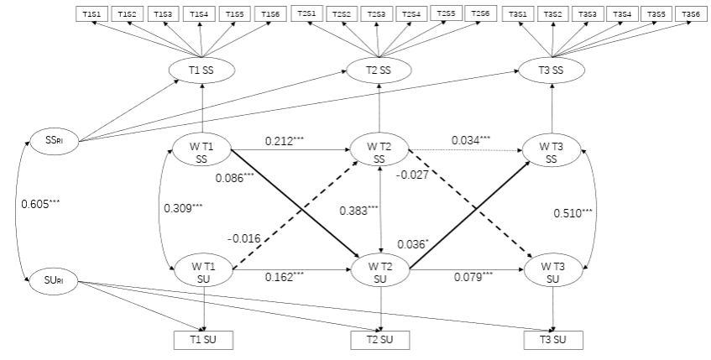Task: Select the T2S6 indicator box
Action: coord(478,14)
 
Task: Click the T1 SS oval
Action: coord(201,70)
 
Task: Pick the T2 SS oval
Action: coord(382,70)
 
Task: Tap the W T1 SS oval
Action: coord(201,153)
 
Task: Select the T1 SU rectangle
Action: coord(203,340)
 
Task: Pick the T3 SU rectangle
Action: coord(552,340)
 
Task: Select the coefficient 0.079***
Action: coord(473,275)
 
